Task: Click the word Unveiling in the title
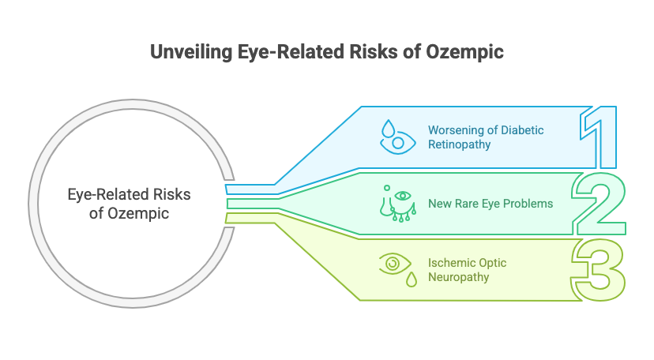191,52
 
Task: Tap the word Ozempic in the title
464,52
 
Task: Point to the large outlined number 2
599,204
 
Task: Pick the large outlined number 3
598,270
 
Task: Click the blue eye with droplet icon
397,137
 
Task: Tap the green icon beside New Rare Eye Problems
398,204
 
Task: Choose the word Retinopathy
459,144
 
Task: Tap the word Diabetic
522,130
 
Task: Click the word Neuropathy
458,277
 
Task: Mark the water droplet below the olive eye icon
412,279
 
